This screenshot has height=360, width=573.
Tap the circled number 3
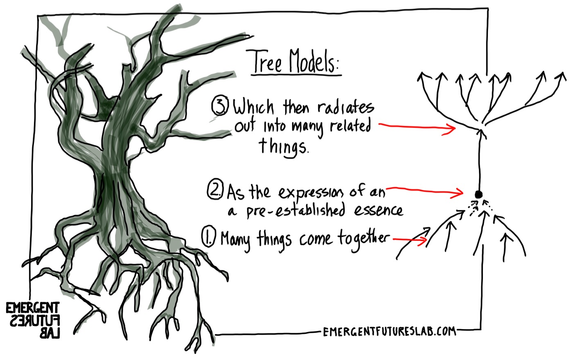coord(219,106)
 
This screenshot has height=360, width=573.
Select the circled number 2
coord(215,191)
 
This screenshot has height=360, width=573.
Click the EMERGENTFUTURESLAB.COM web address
coord(389,331)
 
